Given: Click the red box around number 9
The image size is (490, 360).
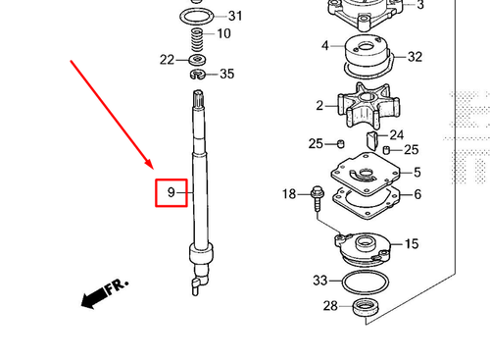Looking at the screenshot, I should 171,192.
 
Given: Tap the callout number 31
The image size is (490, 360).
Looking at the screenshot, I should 234,16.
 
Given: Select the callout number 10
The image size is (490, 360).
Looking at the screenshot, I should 223,34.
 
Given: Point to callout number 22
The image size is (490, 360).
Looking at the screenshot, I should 167,60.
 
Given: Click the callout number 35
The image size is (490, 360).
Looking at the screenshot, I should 226,74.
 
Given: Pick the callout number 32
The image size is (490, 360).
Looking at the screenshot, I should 415,57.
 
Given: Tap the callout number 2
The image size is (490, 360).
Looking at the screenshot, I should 319,106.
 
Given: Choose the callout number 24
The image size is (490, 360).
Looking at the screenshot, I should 397,135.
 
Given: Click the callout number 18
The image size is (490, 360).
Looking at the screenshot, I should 289,195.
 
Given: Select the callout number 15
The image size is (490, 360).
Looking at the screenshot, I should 412,243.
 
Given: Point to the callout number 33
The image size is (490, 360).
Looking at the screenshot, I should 319,281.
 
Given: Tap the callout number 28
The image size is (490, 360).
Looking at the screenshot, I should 330,307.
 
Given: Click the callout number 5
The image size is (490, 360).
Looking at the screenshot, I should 416,173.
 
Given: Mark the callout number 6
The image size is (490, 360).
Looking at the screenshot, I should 417,194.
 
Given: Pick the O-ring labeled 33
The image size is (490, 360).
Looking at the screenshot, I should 366,283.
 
